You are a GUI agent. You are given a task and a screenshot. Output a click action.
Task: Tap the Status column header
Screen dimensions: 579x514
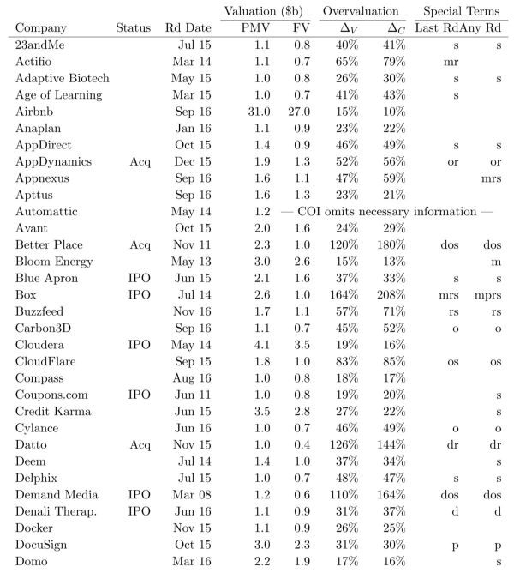tap(133, 27)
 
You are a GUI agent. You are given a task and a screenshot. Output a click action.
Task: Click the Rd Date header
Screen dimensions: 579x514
tap(188, 27)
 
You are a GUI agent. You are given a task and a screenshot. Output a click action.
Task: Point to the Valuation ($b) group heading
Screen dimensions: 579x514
tap(264, 10)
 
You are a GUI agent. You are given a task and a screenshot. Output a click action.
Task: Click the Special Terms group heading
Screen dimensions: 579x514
tap(459, 10)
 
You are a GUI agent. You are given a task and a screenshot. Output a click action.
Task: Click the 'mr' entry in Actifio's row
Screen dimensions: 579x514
tap(452, 63)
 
